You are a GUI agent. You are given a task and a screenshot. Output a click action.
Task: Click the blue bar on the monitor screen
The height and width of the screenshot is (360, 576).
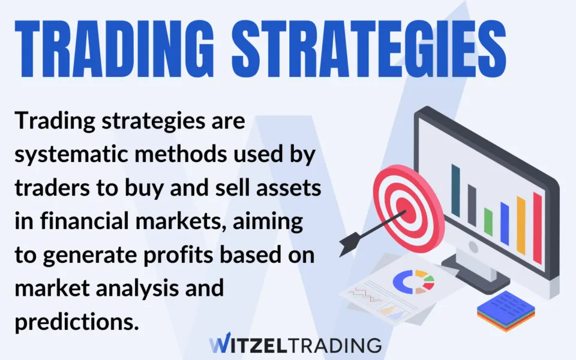pyautogui.click(x=505, y=223)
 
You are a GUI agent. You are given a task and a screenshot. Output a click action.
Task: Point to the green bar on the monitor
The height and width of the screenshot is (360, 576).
pyautogui.click(x=488, y=221)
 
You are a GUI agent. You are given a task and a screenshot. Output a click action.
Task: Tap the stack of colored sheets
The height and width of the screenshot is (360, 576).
pyautogui.click(x=506, y=311)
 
